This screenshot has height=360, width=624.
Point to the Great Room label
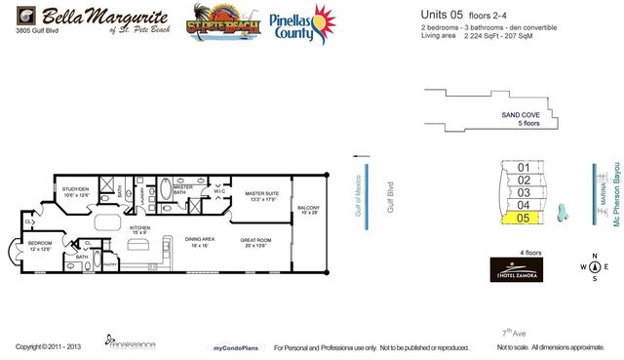pyautogui.click(x=260, y=243)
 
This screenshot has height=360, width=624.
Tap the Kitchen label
pyautogui.click(x=139, y=231)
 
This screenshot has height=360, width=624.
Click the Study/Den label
pyautogui.click(x=76, y=192)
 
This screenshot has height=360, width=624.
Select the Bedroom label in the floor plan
pyautogui.click(x=40, y=247)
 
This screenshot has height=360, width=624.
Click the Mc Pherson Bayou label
pyautogui.click(x=616, y=195)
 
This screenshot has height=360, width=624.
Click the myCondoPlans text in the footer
pyautogui.click(x=234, y=348)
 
